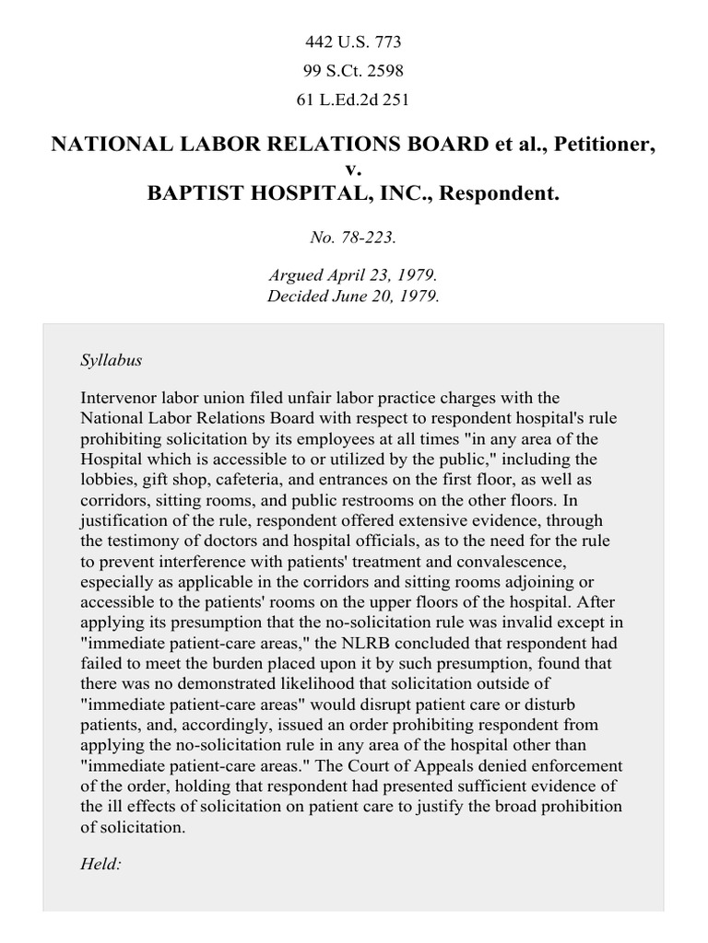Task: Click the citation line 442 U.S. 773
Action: pos(353,41)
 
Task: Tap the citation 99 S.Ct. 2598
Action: pos(353,70)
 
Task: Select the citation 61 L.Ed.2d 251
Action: pos(353,99)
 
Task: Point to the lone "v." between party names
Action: pos(353,170)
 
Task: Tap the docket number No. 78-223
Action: pos(353,237)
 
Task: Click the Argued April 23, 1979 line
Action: pos(353,275)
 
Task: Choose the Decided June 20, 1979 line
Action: pos(353,296)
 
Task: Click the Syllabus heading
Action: pos(112,360)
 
